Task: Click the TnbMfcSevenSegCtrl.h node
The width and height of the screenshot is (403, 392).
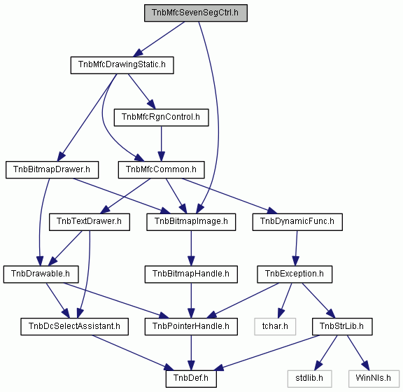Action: pyautogui.click(x=196, y=13)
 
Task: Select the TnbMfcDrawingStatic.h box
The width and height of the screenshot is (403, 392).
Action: pyautogui.click(x=122, y=65)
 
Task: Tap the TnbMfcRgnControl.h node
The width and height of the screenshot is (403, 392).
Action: pyautogui.click(x=161, y=118)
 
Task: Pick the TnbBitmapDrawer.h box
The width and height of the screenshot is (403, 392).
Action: pyautogui.click(x=52, y=170)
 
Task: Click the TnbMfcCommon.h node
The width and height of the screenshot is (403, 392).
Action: pyautogui.click(x=161, y=170)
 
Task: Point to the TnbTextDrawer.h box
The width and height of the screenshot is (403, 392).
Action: pyautogui.click(x=90, y=222)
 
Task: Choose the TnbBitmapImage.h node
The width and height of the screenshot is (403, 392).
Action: pyautogui.click(x=191, y=222)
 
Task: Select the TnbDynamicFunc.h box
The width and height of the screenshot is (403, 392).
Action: pyautogui.click(x=297, y=222)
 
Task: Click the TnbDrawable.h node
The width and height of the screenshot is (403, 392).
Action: pyautogui.click(x=41, y=274)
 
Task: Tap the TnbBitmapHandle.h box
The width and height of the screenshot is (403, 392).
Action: pyautogui.click(x=191, y=274)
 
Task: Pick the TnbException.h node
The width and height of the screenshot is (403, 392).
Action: pyautogui.click(x=295, y=274)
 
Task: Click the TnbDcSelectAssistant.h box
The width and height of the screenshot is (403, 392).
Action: pyautogui.click(x=75, y=327)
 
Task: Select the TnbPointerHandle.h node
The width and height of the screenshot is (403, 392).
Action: pyautogui.click(x=191, y=327)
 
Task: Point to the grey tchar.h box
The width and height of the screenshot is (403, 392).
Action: pyautogui.click(x=275, y=327)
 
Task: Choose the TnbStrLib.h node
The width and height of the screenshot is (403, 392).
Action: pyautogui.click(x=342, y=327)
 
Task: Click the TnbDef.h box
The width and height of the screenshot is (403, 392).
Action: pyautogui.click(x=191, y=379)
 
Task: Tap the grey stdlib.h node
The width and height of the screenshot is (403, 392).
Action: pyautogui.click(x=309, y=379)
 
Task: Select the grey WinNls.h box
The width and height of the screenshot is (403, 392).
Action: pyautogui.click(x=374, y=379)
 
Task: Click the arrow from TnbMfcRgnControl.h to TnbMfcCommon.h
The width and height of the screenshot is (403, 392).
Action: pyautogui.click(x=162, y=143)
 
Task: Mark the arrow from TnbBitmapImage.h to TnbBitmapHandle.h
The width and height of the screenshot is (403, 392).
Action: pyautogui.click(x=191, y=248)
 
